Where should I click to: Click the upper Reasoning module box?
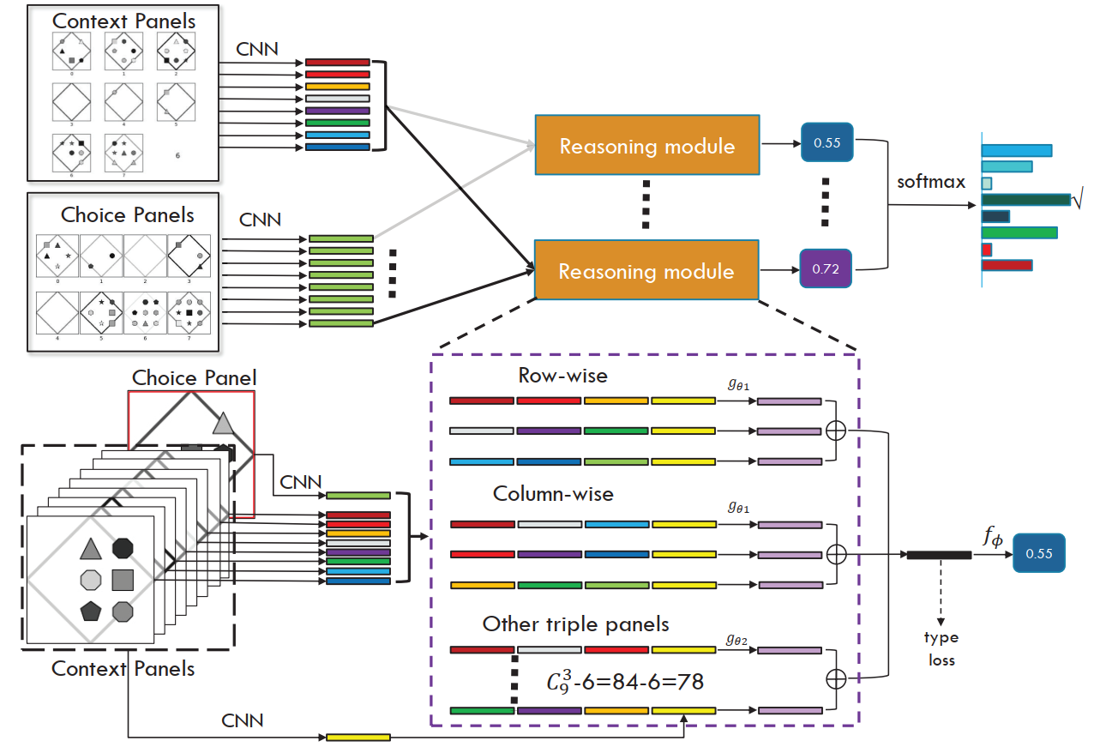(646, 146)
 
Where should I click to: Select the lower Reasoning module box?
(646, 271)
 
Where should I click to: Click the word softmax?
(931, 182)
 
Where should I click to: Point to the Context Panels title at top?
(124, 20)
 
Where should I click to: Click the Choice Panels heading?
(127, 214)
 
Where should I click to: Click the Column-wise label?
(553, 494)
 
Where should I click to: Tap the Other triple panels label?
(575, 624)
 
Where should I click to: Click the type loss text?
(941, 649)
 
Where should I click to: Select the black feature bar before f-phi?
(939, 555)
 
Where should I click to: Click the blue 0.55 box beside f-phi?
(1038, 554)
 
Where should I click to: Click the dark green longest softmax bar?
(1025, 200)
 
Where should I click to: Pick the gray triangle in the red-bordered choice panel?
(223, 423)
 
